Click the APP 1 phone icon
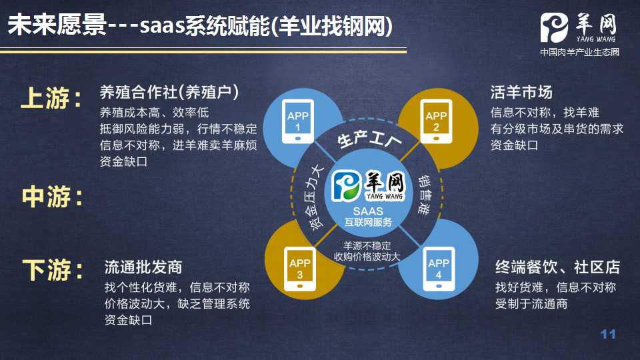(x=298, y=121)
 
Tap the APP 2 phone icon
(x=436, y=121)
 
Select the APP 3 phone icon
(x=300, y=269)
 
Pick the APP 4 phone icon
(x=439, y=269)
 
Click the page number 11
(x=608, y=334)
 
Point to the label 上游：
(x=52, y=98)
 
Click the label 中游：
(x=53, y=196)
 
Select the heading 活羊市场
(x=521, y=92)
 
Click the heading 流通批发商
(x=143, y=267)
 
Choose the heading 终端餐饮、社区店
(x=557, y=267)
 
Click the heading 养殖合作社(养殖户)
(x=169, y=92)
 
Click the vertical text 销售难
(x=424, y=195)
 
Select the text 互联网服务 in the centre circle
(x=368, y=222)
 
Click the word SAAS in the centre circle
(x=368, y=211)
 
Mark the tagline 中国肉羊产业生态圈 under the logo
(x=579, y=52)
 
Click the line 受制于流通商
(x=531, y=304)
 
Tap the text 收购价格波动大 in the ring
(x=367, y=256)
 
